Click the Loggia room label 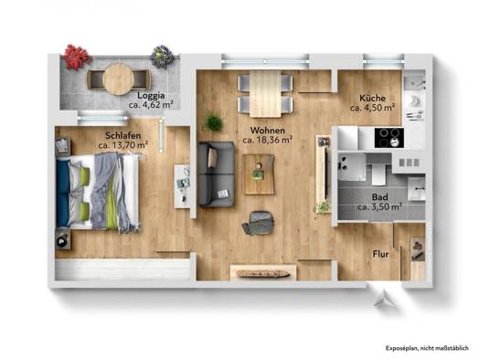151,95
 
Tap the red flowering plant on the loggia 76,57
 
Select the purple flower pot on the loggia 162,57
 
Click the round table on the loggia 118,79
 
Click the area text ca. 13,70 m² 123,145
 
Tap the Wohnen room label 268,131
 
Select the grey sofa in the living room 216,175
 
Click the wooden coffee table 259,175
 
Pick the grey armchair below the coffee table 259,223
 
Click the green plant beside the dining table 213,122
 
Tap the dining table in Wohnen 265,94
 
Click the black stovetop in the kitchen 389,138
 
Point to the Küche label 372,98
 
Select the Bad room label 379,197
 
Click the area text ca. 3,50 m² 379,207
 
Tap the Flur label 380,254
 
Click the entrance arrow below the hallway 383,298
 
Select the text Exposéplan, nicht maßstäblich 427,348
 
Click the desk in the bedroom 183,186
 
